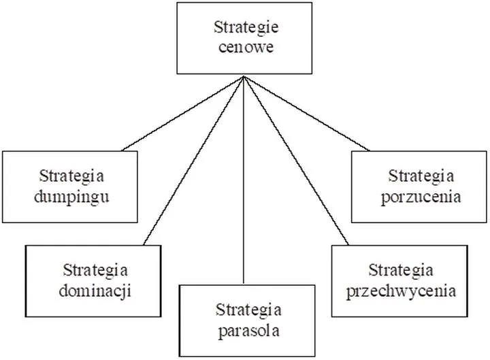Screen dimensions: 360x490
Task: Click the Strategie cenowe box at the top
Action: [244, 38]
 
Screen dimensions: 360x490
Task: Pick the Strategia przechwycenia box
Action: [399, 280]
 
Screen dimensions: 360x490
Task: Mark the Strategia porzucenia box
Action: [420, 186]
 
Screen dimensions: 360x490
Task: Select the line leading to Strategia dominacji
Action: [195, 160]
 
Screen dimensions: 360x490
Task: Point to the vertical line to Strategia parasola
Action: [244, 184]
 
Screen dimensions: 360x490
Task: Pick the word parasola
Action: [248, 332]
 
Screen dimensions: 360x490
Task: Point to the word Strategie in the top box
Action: [244, 29]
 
